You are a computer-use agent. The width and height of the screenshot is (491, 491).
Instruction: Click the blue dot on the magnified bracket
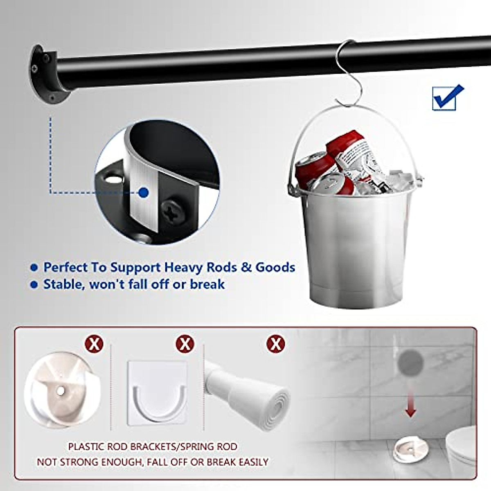[x=143, y=192]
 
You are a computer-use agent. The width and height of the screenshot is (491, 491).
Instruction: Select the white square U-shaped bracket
[x=157, y=393]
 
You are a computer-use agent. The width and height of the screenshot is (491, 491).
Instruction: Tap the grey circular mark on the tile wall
[x=410, y=361]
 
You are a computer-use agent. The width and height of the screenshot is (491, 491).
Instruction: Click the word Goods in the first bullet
[x=275, y=268]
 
